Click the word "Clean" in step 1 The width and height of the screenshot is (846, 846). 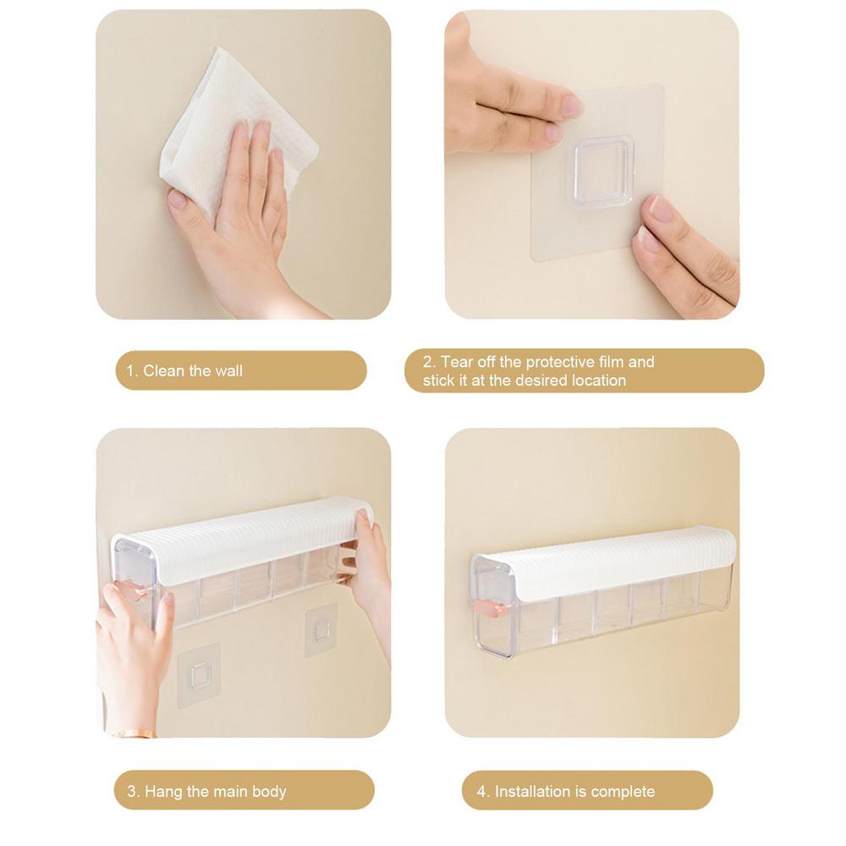coord(163,371)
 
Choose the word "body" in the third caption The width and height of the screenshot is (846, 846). coord(269,792)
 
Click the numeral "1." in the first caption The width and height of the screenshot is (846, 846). coord(132,371)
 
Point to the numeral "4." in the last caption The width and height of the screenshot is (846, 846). coord(483,792)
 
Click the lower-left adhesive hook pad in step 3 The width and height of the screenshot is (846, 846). coord(199,674)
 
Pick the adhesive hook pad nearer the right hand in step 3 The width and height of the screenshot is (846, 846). coord(318,630)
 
